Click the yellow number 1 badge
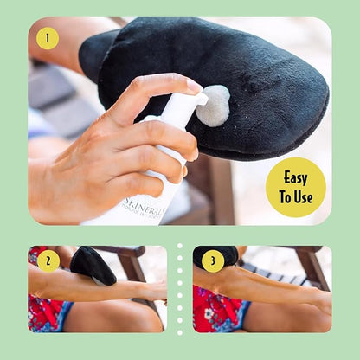(48, 38)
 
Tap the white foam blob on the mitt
(213, 104)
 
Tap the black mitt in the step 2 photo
(93, 265)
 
